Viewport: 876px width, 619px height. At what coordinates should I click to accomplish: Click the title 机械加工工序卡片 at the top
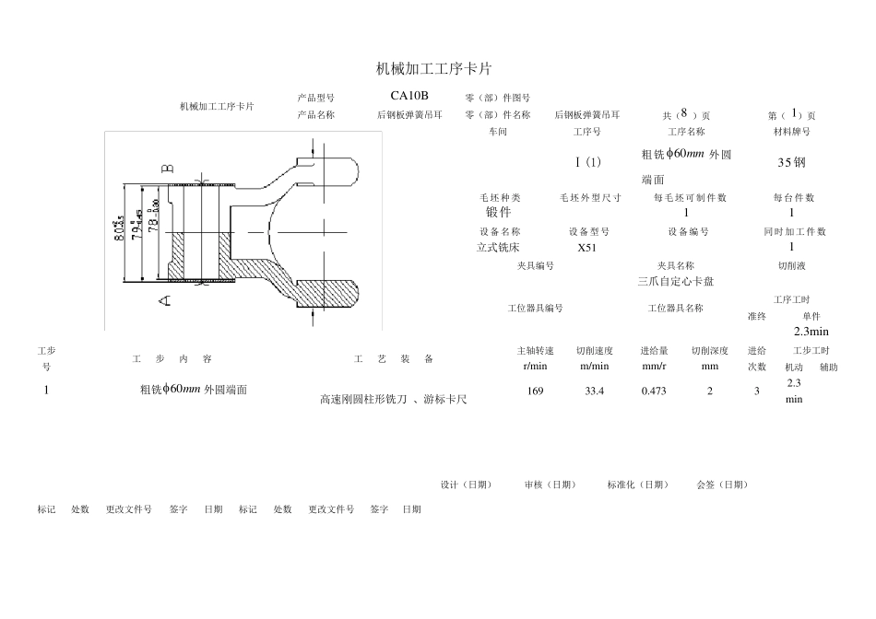tap(435, 69)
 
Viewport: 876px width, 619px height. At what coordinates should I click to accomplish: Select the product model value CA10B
tap(408, 95)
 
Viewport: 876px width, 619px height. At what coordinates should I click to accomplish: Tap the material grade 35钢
tap(791, 162)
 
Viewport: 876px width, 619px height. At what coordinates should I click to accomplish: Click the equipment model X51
tap(587, 248)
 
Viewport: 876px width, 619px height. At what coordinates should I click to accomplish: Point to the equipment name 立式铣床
tap(499, 248)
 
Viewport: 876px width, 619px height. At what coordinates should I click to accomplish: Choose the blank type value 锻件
tap(499, 213)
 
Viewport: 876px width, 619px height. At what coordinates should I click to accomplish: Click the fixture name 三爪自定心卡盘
tap(675, 281)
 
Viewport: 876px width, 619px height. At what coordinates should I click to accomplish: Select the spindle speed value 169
tap(535, 391)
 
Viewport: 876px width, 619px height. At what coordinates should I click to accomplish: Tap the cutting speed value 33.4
tap(594, 391)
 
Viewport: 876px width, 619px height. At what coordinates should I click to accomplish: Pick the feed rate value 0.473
tap(653, 391)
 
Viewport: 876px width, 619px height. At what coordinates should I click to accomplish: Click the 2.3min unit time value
tap(811, 332)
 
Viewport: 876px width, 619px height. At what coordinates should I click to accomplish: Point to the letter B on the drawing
tap(167, 169)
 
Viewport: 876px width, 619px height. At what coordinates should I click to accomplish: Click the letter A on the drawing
tap(165, 299)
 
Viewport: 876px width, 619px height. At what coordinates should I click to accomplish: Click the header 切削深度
tap(709, 351)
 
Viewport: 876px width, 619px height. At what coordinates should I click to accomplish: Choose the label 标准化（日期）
tap(638, 485)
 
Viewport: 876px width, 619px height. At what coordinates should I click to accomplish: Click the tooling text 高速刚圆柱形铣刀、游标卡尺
tap(393, 400)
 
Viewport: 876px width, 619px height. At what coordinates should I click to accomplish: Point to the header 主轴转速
tap(535, 351)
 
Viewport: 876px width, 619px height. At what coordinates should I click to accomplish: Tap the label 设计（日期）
tap(466, 485)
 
